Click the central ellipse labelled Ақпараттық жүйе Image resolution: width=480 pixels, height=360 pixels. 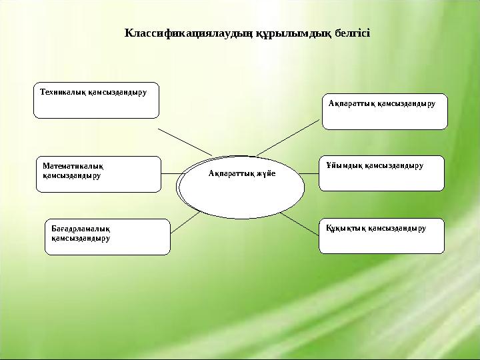241,187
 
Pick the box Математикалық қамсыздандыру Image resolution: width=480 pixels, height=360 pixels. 99,174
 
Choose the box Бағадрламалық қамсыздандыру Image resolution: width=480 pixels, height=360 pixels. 107,237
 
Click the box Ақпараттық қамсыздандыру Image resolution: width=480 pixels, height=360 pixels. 384,111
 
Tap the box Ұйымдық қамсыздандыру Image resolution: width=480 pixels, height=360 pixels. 381,173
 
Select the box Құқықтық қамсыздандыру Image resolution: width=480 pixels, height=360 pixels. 381,236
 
